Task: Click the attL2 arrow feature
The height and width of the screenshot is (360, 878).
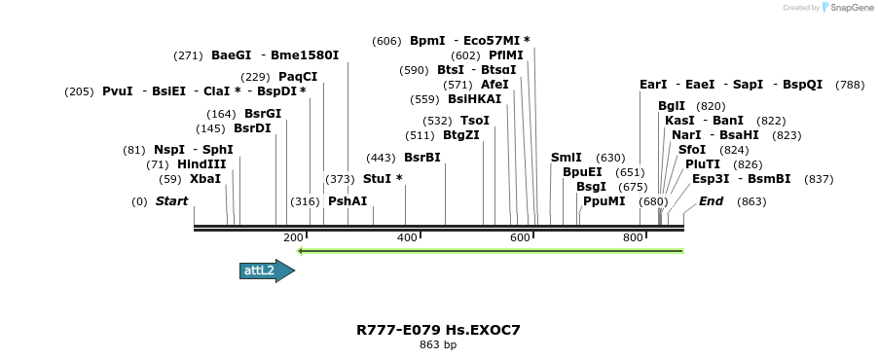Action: [x=266, y=270]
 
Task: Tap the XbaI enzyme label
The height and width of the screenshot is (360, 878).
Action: [x=204, y=179]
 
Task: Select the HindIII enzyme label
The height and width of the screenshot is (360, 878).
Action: [x=201, y=164]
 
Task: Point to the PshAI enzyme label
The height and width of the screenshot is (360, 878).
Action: [x=348, y=201]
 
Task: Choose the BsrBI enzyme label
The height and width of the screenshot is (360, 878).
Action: [x=422, y=158]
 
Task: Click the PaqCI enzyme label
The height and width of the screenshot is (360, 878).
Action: [x=298, y=77]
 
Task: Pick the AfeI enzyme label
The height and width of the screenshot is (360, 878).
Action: [x=494, y=85]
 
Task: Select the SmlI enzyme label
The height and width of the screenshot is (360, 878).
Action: [x=566, y=158]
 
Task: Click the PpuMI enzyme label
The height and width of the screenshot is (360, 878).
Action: [x=604, y=201]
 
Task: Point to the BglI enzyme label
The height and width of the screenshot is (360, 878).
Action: [x=672, y=106]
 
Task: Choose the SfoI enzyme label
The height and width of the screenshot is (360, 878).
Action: [x=692, y=150]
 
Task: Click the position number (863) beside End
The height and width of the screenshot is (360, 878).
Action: [x=751, y=202]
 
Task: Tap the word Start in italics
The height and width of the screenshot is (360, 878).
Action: [x=171, y=201]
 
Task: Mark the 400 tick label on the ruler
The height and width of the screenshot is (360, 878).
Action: [x=406, y=237]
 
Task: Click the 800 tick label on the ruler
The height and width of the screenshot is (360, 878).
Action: [x=633, y=237]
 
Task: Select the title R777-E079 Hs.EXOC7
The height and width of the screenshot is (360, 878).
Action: [x=438, y=330]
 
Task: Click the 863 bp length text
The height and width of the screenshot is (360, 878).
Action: [x=438, y=344]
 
